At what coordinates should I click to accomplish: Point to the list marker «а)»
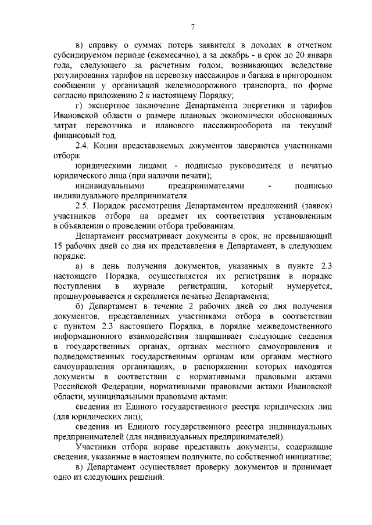[x=80, y=266]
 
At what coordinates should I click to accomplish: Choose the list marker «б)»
[x=80, y=306]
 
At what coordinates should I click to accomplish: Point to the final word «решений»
[x=146, y=477]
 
